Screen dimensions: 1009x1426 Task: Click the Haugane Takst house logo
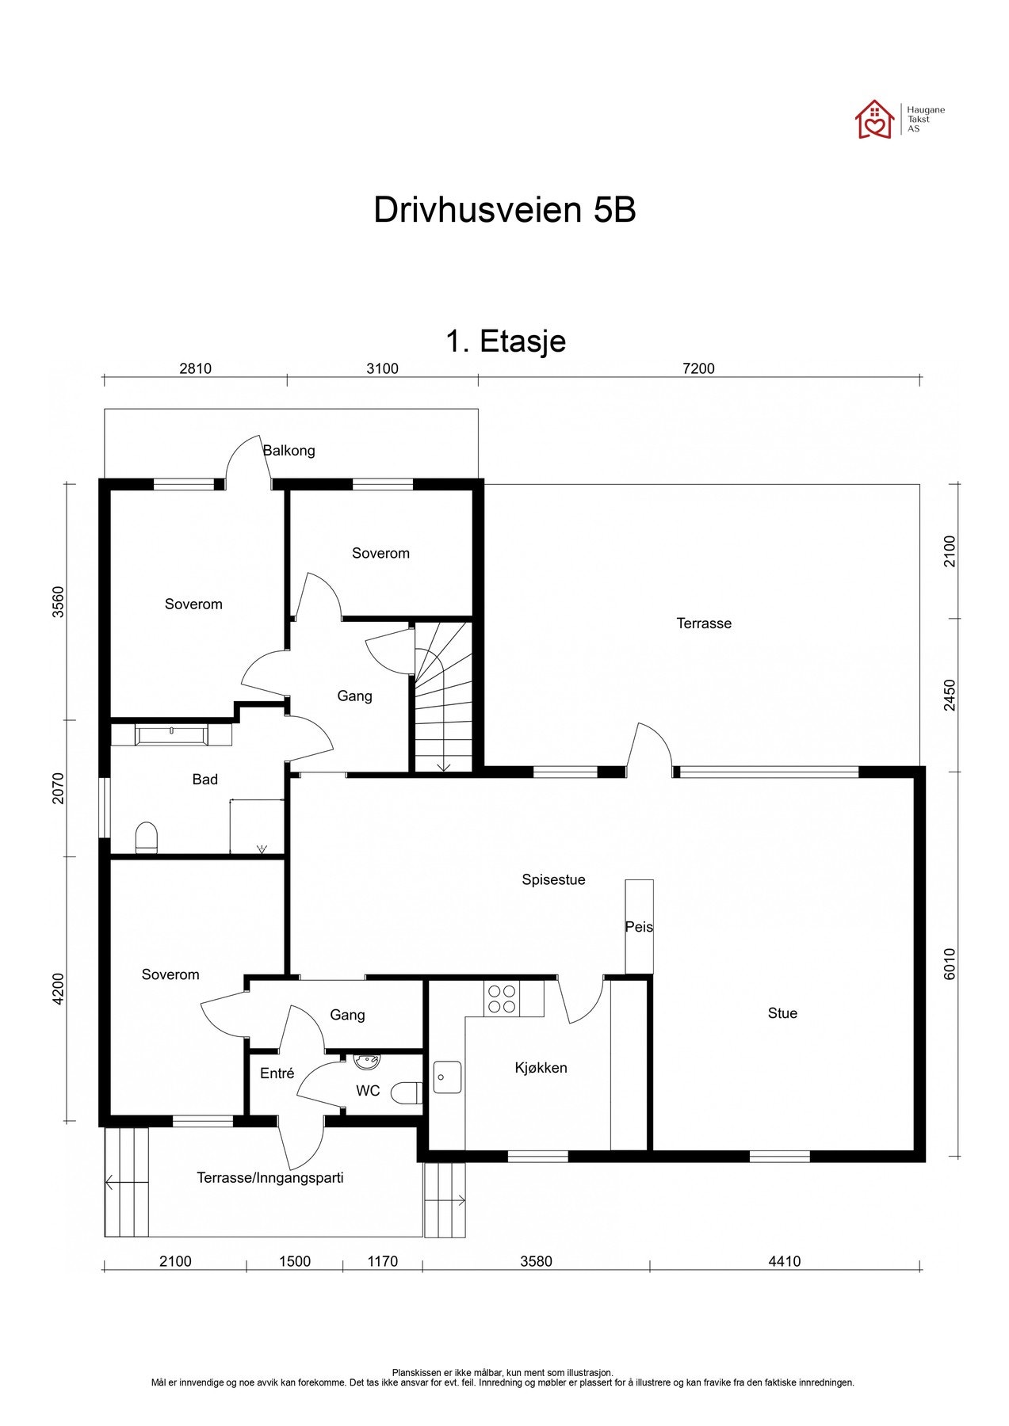[x=874, y=119]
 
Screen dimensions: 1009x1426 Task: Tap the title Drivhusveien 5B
[x=504, y=210]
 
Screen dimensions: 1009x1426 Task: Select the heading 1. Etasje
[x=505, y=341]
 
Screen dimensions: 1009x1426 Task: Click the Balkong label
[x=289, y=451]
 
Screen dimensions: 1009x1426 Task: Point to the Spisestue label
[x=553, y=879]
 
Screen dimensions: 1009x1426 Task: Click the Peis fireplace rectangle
[x=639, y=926]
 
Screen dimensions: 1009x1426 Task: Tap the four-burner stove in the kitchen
[x=501, y=998]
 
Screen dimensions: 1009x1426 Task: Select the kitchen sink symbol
[x=448, y=1077]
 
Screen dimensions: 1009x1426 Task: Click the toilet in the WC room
[x=407, y=1092]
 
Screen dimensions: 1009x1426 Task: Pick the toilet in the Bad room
[x=147, y=838]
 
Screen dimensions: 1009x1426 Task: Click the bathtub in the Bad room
[x=172, y=734]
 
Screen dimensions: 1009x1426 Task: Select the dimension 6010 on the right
[x=950, y=963]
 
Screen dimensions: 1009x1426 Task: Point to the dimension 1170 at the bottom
[x=382, y=1261]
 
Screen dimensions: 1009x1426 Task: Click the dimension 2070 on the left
[x=58, y=788]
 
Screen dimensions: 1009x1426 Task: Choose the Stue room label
[x=782, y=1013]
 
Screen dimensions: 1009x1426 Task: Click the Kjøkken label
[x=541, y=1068]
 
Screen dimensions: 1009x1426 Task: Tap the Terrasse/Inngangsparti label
[x=270, y=1178]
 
